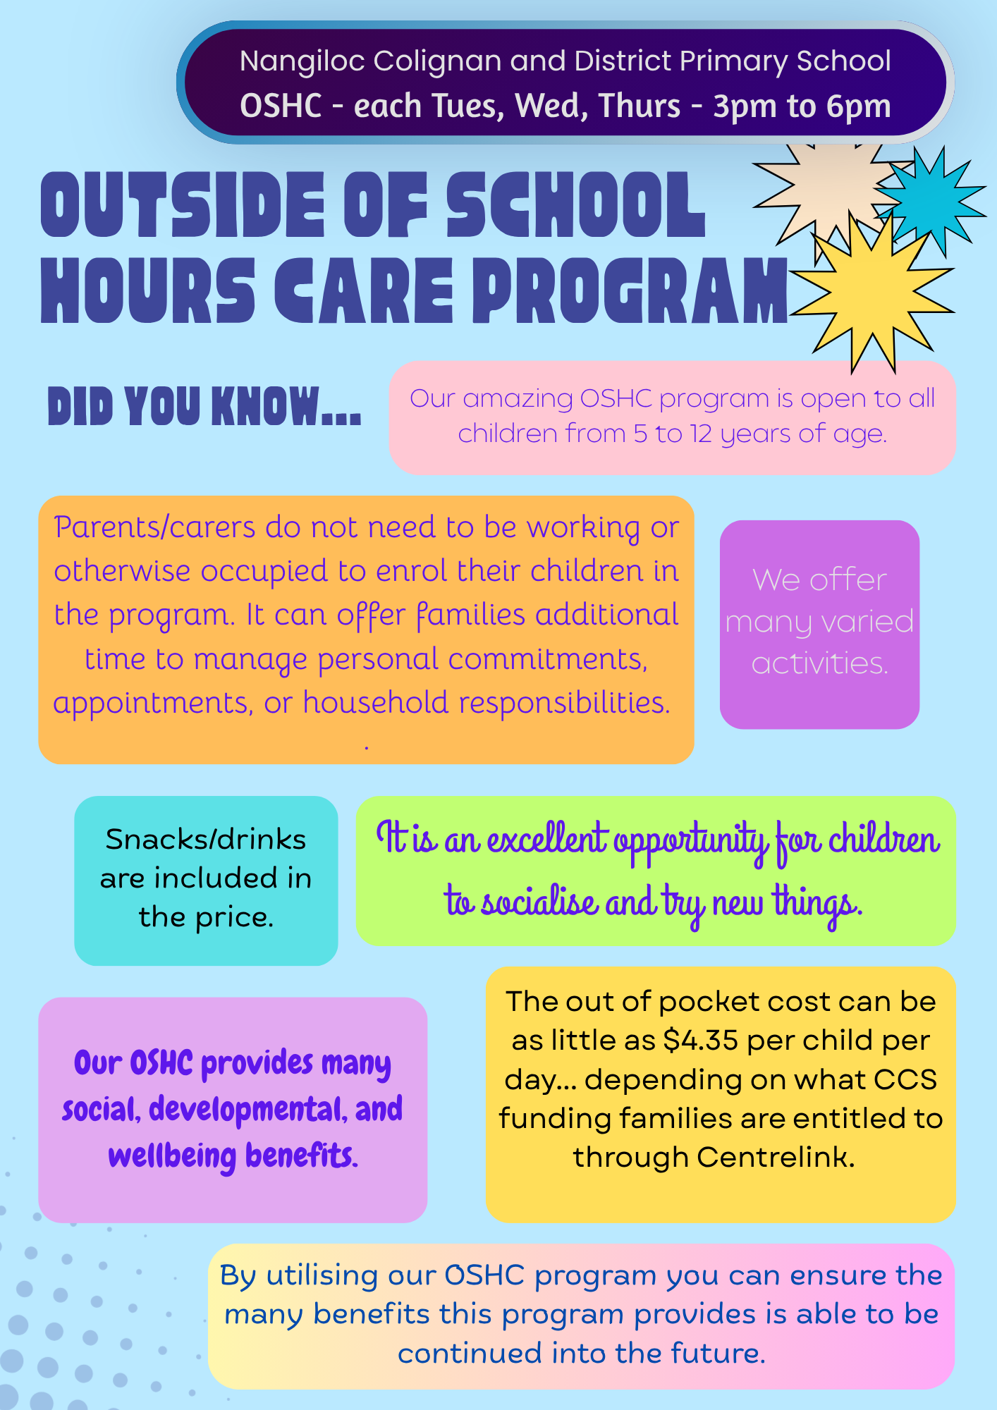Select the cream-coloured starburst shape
[825, 190]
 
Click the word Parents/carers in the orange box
[154, 527]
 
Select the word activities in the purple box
[819, 663]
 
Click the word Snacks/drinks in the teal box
[206, 840]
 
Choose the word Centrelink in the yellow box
[776, 1157]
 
